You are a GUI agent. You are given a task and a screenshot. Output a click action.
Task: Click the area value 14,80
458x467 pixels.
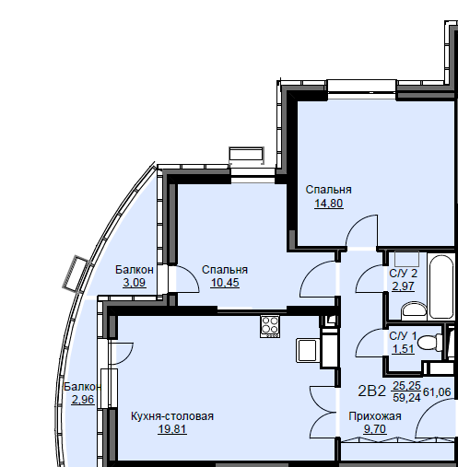coord(329,204)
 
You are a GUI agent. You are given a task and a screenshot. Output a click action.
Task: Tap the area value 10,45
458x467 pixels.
coord(225,283)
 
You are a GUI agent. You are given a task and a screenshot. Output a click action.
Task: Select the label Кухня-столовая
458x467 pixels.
coord(172,416)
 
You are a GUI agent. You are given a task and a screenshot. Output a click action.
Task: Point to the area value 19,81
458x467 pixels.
coord(172,429)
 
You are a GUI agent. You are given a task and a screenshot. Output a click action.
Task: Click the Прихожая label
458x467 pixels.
coord(375,416)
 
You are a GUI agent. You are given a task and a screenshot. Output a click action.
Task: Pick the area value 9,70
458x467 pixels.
coord(375,429)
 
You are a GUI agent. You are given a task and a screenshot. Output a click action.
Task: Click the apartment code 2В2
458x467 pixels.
coord(371,391)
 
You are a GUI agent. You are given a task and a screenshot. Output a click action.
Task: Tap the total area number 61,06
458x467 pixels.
coord(437,392)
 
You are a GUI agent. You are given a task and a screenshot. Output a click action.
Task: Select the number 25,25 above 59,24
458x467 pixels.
coord(406,385)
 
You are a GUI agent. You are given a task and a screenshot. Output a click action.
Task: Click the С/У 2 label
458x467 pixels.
coord(403,273)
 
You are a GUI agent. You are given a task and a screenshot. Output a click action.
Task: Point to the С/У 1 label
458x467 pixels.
coord(403,336)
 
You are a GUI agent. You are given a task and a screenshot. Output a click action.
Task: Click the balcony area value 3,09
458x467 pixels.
coord(135,283)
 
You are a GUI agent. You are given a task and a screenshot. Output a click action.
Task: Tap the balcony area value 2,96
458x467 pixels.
coord(83,400)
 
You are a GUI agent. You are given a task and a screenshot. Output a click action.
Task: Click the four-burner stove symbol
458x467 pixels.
coord(270,326)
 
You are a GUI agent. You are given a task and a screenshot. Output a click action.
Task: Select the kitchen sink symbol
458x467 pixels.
coord(307,350)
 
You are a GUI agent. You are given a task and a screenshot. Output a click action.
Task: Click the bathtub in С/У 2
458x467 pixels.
coord(441,286)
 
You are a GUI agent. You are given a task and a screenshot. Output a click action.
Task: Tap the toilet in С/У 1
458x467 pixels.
coord(430,343)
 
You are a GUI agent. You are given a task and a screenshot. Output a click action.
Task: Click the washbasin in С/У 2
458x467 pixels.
coord(414,310)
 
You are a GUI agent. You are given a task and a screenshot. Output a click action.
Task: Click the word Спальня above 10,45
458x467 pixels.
coord(225,270)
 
